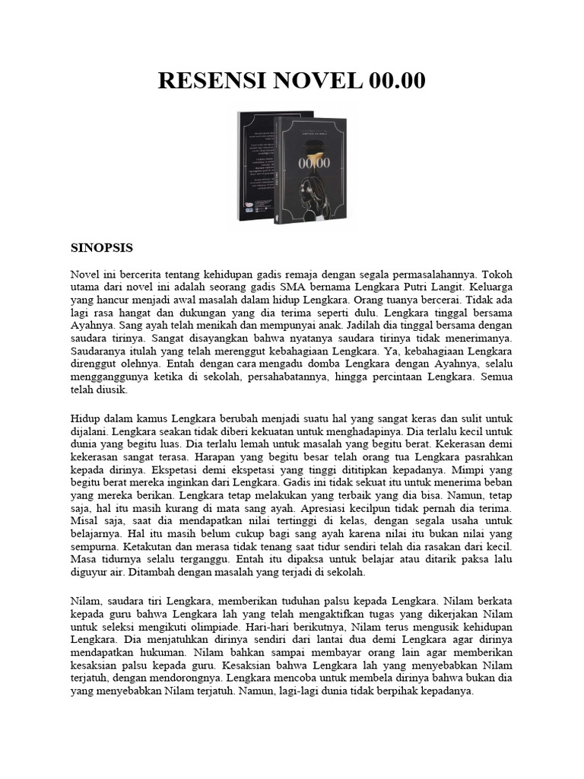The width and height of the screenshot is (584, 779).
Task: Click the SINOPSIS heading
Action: pyautogui.click(x=102, y=247)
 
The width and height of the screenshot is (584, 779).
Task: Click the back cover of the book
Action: pyautogui.click(x=255, y=164)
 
